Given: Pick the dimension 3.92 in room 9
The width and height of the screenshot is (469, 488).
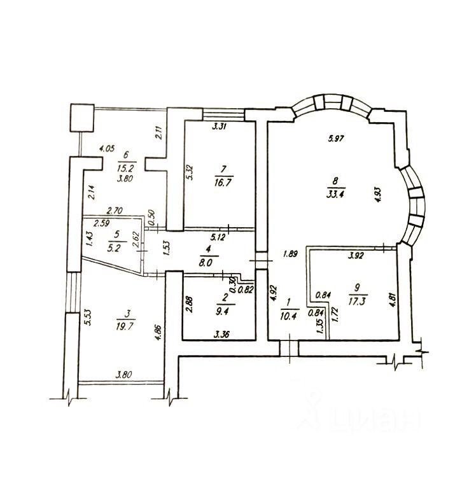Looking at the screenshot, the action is point(354,258).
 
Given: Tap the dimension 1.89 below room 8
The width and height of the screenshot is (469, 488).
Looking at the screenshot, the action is point(290,254).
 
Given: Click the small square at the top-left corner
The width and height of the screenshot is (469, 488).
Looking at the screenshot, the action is point(82,118).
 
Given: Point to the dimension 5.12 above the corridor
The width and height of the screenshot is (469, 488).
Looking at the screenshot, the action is point(210,237).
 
